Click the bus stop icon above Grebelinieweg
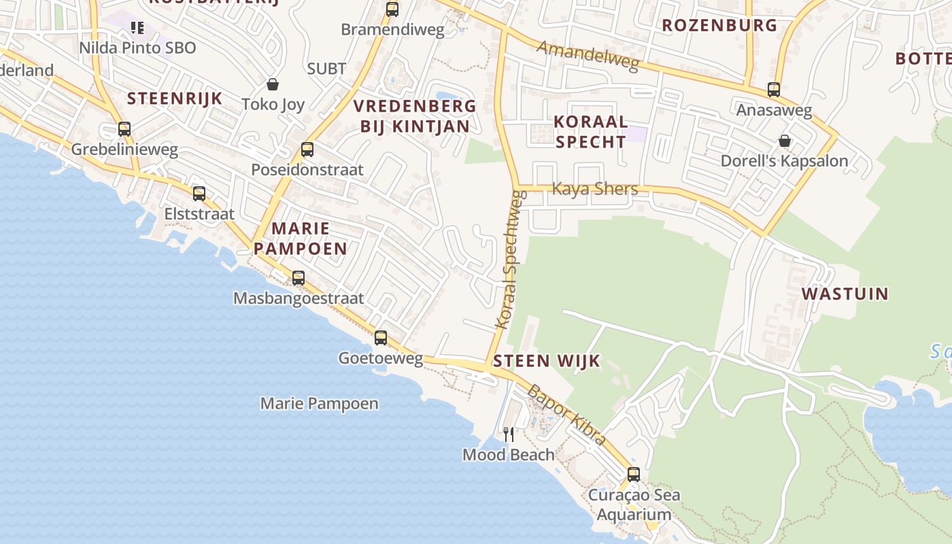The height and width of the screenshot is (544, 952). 124,129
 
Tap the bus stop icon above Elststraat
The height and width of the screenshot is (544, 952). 199,193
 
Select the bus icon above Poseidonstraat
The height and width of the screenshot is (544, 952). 307,149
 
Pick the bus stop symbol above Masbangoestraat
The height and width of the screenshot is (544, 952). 298,277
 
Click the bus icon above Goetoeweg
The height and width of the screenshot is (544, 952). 381,337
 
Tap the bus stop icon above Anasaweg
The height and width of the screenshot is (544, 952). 773,89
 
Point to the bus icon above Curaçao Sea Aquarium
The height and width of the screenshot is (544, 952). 634,474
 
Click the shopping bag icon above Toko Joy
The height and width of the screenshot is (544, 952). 273,84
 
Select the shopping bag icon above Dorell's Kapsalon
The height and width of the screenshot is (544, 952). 785,141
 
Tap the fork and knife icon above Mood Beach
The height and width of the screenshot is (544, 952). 509,434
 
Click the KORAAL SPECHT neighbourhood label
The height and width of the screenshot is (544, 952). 590,132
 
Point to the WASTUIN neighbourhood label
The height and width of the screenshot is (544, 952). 845,294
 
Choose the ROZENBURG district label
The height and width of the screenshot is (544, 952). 719,25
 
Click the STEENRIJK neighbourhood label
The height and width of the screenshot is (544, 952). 175,98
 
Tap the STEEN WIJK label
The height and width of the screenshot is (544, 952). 547,360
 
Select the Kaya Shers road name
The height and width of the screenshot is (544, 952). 595,188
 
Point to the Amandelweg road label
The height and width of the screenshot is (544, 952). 588,56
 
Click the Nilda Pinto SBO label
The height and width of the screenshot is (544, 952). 137,48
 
